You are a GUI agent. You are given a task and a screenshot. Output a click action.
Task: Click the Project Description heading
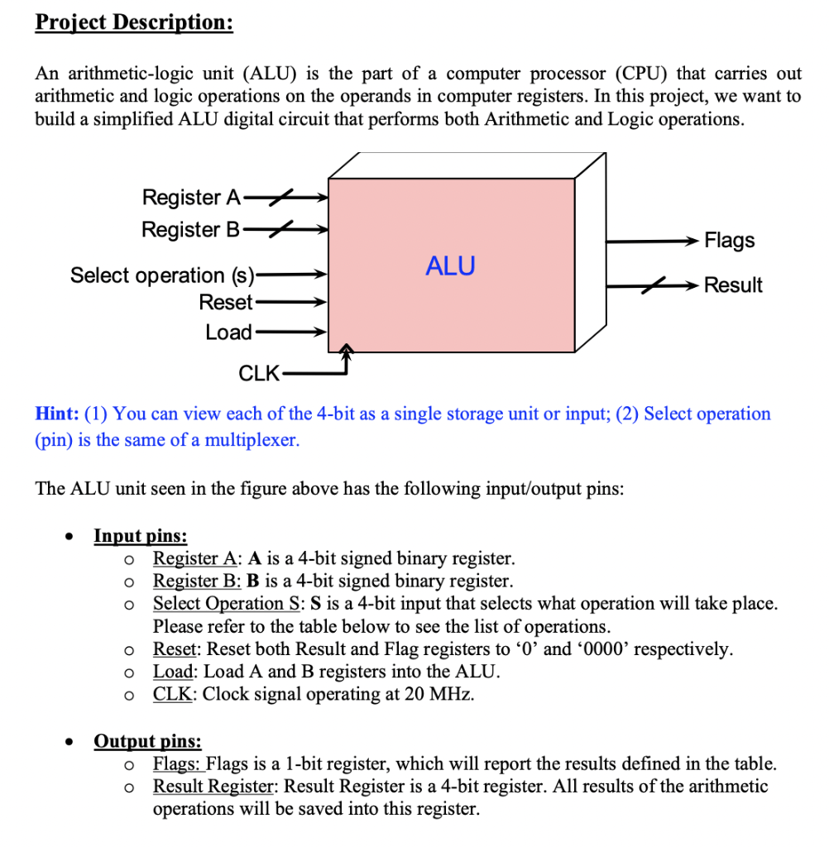pos(134,22)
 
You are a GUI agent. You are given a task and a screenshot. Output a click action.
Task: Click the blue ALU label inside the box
pos(450,266)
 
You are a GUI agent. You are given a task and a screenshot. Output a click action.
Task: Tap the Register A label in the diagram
pos(190,198)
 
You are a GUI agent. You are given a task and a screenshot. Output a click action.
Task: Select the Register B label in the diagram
pos(190,229)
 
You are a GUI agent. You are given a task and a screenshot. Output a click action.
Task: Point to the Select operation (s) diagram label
pos(163,275)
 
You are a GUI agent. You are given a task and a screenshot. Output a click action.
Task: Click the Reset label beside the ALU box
pos(225,303)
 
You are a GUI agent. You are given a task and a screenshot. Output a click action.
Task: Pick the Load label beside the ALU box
pos(228,333)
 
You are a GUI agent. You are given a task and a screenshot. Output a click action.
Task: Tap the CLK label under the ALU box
pos(259,373)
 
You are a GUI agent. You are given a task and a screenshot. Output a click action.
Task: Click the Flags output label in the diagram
pos(729,241)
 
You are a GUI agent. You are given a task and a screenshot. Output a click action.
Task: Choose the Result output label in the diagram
pos(733,285)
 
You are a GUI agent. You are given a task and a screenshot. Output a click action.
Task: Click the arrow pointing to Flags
pos(654,241)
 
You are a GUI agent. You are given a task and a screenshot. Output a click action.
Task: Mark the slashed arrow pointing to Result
pos(654,285)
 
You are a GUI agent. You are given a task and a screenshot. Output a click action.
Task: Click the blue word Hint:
pos(57,414)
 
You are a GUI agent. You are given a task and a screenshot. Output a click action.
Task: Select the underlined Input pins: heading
pos(141,536)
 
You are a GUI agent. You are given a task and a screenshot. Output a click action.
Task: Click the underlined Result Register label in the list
pos(214,787)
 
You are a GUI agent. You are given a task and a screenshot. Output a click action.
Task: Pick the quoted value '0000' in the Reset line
pos(616,649)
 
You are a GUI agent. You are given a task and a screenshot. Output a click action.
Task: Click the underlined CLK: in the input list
pos(175,694)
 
